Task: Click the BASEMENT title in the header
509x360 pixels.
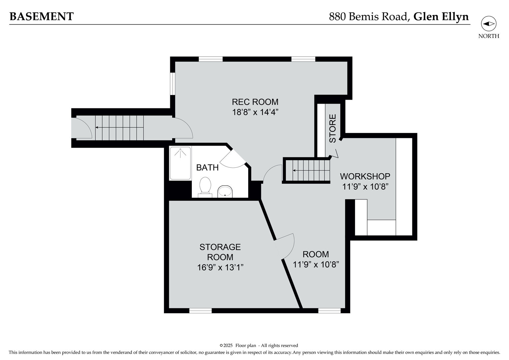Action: coord(41,16)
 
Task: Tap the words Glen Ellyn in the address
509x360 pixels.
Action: coord(441,16)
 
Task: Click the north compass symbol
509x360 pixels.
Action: coord(488,24)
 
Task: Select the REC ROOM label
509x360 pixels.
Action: coord(255,102)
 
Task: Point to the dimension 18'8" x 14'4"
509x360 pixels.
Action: coord(255,112)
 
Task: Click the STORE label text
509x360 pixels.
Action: coord(332,128)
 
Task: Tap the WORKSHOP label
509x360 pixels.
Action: coord(365,176)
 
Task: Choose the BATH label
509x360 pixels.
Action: coord(207,168)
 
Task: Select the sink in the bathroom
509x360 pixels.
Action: coord(225,192)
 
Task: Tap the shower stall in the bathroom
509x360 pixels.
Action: coord(180,163)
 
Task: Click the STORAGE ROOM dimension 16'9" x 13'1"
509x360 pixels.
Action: coord(220,267)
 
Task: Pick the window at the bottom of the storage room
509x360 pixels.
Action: coord(200,311)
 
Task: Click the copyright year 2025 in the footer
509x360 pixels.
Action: coord(228,345)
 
